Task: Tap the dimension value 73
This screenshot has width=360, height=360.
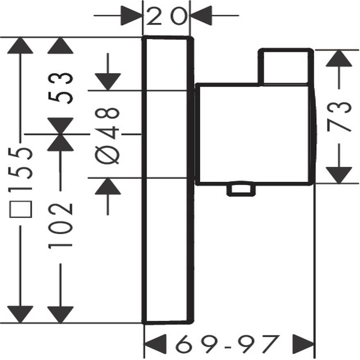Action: [x=339, y=117]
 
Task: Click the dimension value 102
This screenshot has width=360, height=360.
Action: [x=60, y=226]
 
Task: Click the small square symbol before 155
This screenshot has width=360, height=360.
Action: [x=20, y=209]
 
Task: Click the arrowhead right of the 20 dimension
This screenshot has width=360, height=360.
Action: [x=201, y=15]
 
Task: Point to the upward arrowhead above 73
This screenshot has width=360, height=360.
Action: [x=339, y=58]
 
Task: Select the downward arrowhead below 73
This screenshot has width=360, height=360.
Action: [x=339, y=175]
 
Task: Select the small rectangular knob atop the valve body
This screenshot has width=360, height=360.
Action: [x=286, y=67]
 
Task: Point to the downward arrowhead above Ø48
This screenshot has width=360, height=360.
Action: [x=108, y=82]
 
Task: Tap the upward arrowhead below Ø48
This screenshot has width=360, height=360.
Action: [x=108, y=186]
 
